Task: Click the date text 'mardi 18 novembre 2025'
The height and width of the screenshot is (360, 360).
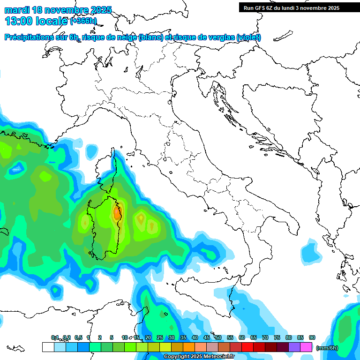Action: [x=59, y=10]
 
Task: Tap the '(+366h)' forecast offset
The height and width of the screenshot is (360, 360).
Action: [x=83, y=21]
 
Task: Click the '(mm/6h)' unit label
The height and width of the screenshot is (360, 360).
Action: [x=327, y=348]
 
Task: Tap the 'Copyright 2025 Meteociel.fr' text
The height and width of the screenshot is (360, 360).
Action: [x=199, y=357]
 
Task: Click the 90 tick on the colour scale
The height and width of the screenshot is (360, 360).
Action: [x=312, y=338]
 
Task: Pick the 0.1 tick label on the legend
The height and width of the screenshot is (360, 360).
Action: [x=55, y=338]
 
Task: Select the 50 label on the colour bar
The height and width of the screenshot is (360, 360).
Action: [x=218, y=338]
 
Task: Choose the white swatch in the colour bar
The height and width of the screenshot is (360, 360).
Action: [x=48, y=347]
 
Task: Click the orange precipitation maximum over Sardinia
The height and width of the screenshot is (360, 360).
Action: [x=117, y=213]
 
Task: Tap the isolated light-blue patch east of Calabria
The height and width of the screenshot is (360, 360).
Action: [x=310, y=251]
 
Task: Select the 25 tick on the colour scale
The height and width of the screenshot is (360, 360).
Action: [x=159, y=338]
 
